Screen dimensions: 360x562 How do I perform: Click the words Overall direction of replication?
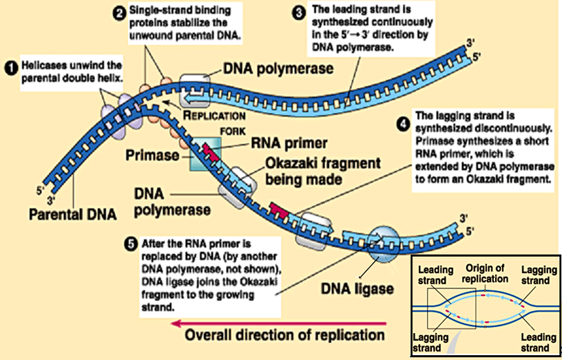coord(284,337)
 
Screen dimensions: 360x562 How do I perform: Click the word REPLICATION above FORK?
coord(218,115)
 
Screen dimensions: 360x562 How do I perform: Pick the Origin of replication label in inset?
coord(486,273)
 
